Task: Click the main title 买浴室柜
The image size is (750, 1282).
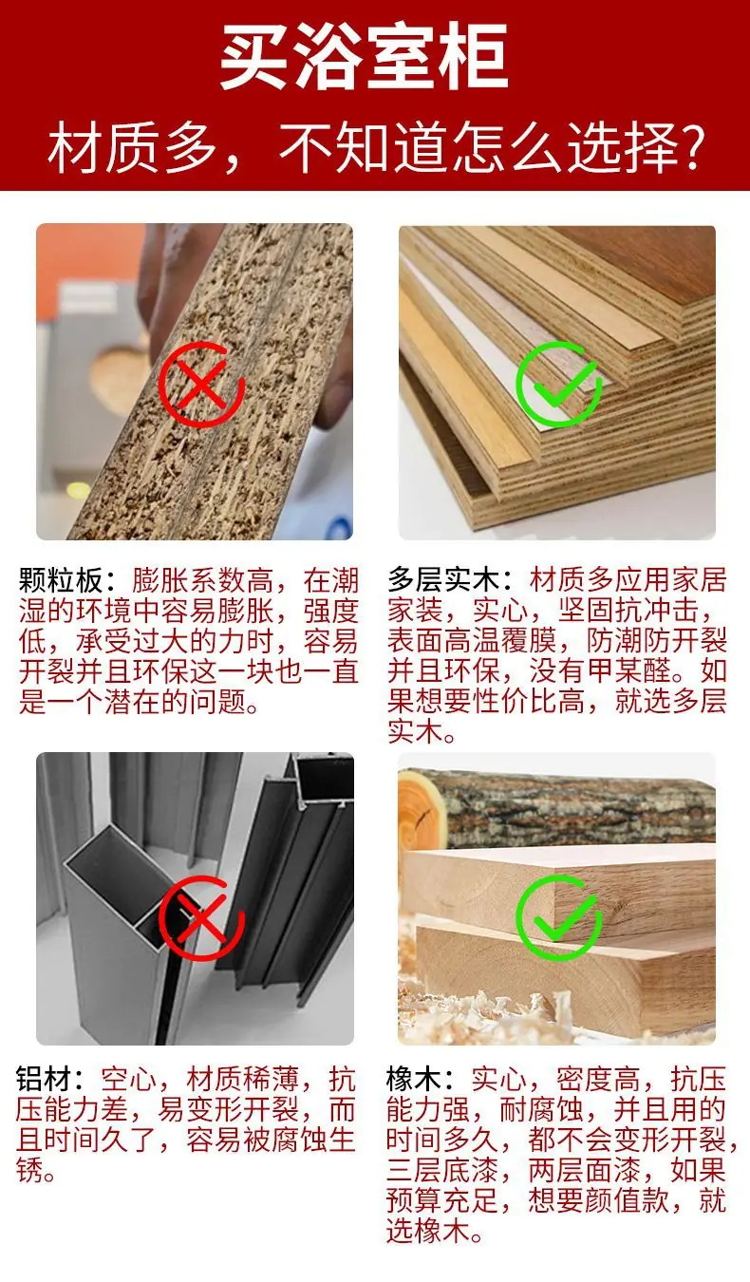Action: (365, 56)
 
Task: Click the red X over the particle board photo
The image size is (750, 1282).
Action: (201, 384)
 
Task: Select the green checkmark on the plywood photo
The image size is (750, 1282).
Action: (559, 384)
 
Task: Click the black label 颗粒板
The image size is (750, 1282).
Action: (61, 581)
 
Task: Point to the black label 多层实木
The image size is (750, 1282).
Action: (444, 580)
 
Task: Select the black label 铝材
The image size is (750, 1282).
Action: (44, 1080)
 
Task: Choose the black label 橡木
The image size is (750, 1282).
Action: (414, 1080)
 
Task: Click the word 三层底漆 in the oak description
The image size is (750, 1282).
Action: (442, 1170)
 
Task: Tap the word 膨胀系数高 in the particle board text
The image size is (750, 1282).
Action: (203, 581)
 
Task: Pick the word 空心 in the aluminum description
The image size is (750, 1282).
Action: (129, 1080)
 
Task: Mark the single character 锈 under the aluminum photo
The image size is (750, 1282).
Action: (30, 1170)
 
